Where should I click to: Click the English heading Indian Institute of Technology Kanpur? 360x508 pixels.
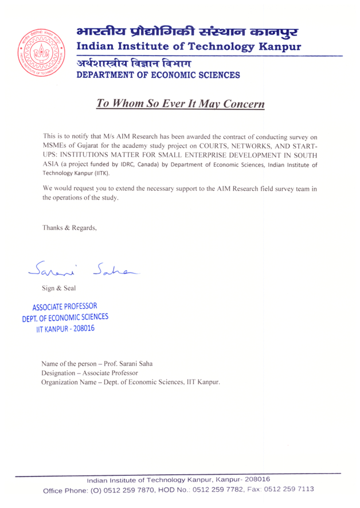189,45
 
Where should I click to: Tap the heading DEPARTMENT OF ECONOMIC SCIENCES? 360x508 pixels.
155,75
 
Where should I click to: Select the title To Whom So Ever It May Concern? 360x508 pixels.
181,104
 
